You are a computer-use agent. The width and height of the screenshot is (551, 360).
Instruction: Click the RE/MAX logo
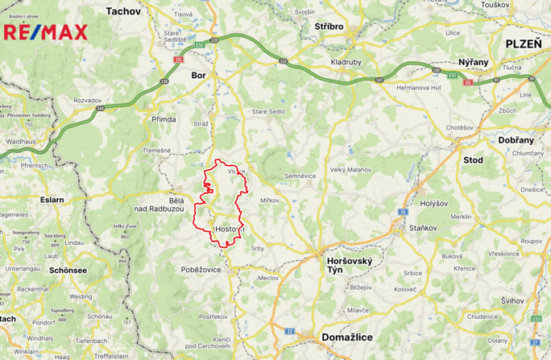point(46,32)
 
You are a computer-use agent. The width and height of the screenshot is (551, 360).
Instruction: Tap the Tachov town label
point(122,11)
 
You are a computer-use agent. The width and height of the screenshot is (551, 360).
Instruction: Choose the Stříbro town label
point(329,27)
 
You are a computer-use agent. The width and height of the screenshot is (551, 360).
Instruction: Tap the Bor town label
point(199,75)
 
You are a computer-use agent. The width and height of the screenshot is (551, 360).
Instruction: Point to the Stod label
point(473,160)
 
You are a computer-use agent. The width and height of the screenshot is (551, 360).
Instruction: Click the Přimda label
point(164,119)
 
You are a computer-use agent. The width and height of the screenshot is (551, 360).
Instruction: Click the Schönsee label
point(68,270)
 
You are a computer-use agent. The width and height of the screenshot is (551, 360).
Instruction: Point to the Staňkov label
point(423,230)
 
